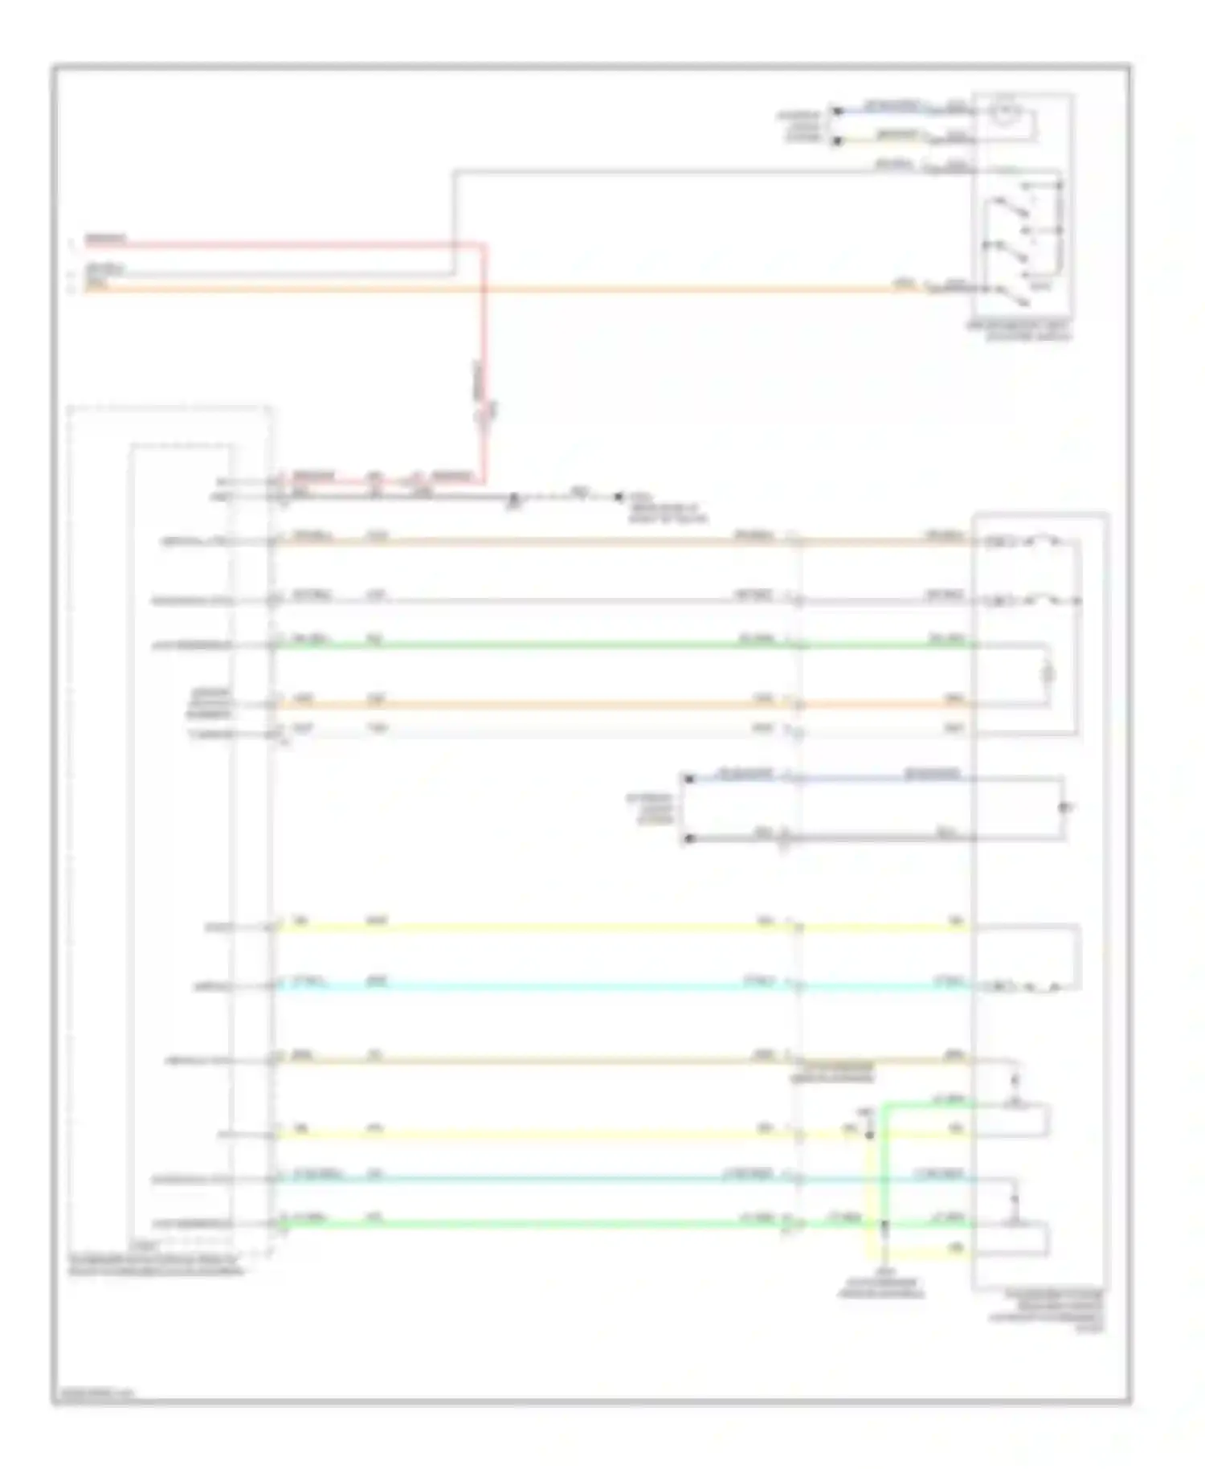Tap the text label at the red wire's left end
coord(105,239)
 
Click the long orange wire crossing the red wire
coord(643,288)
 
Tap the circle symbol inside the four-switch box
coord(1003,113)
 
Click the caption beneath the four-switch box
coord(1020,331)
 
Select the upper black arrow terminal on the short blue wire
coord(836,109)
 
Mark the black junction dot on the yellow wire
coord(868,1135)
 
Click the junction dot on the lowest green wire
coord(884,1225)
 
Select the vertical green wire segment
coord(883,1165)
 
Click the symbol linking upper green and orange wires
coord(1048,674)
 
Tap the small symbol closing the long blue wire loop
coord(1064,807)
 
